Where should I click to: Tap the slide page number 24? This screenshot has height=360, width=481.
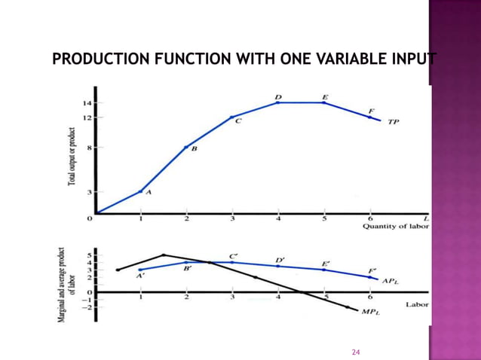(x=357, y=352)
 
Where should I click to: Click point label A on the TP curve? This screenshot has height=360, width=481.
(x=148, y=193)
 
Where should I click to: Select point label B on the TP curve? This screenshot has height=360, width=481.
(x=194, y=149)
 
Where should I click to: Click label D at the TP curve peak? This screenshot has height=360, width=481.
(x=278, y=97)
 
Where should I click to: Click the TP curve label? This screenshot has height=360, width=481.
(x=394, y=121)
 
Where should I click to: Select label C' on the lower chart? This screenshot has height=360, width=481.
(x=234, y=256)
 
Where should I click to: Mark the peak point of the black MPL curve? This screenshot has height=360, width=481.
(x=164, y=255)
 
